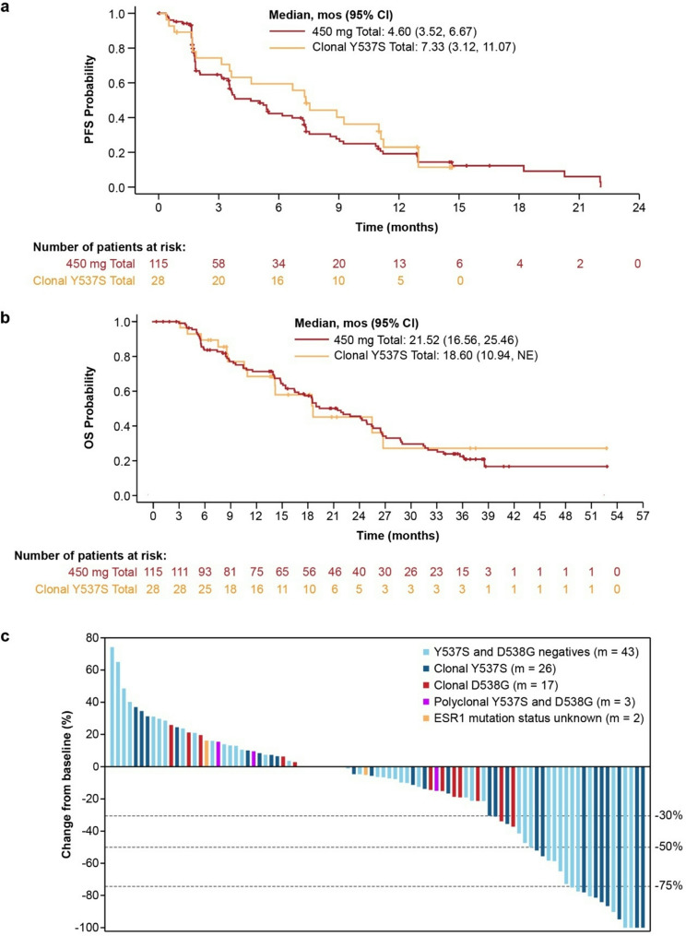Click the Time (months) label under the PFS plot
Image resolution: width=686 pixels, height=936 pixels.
coord(399,224)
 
